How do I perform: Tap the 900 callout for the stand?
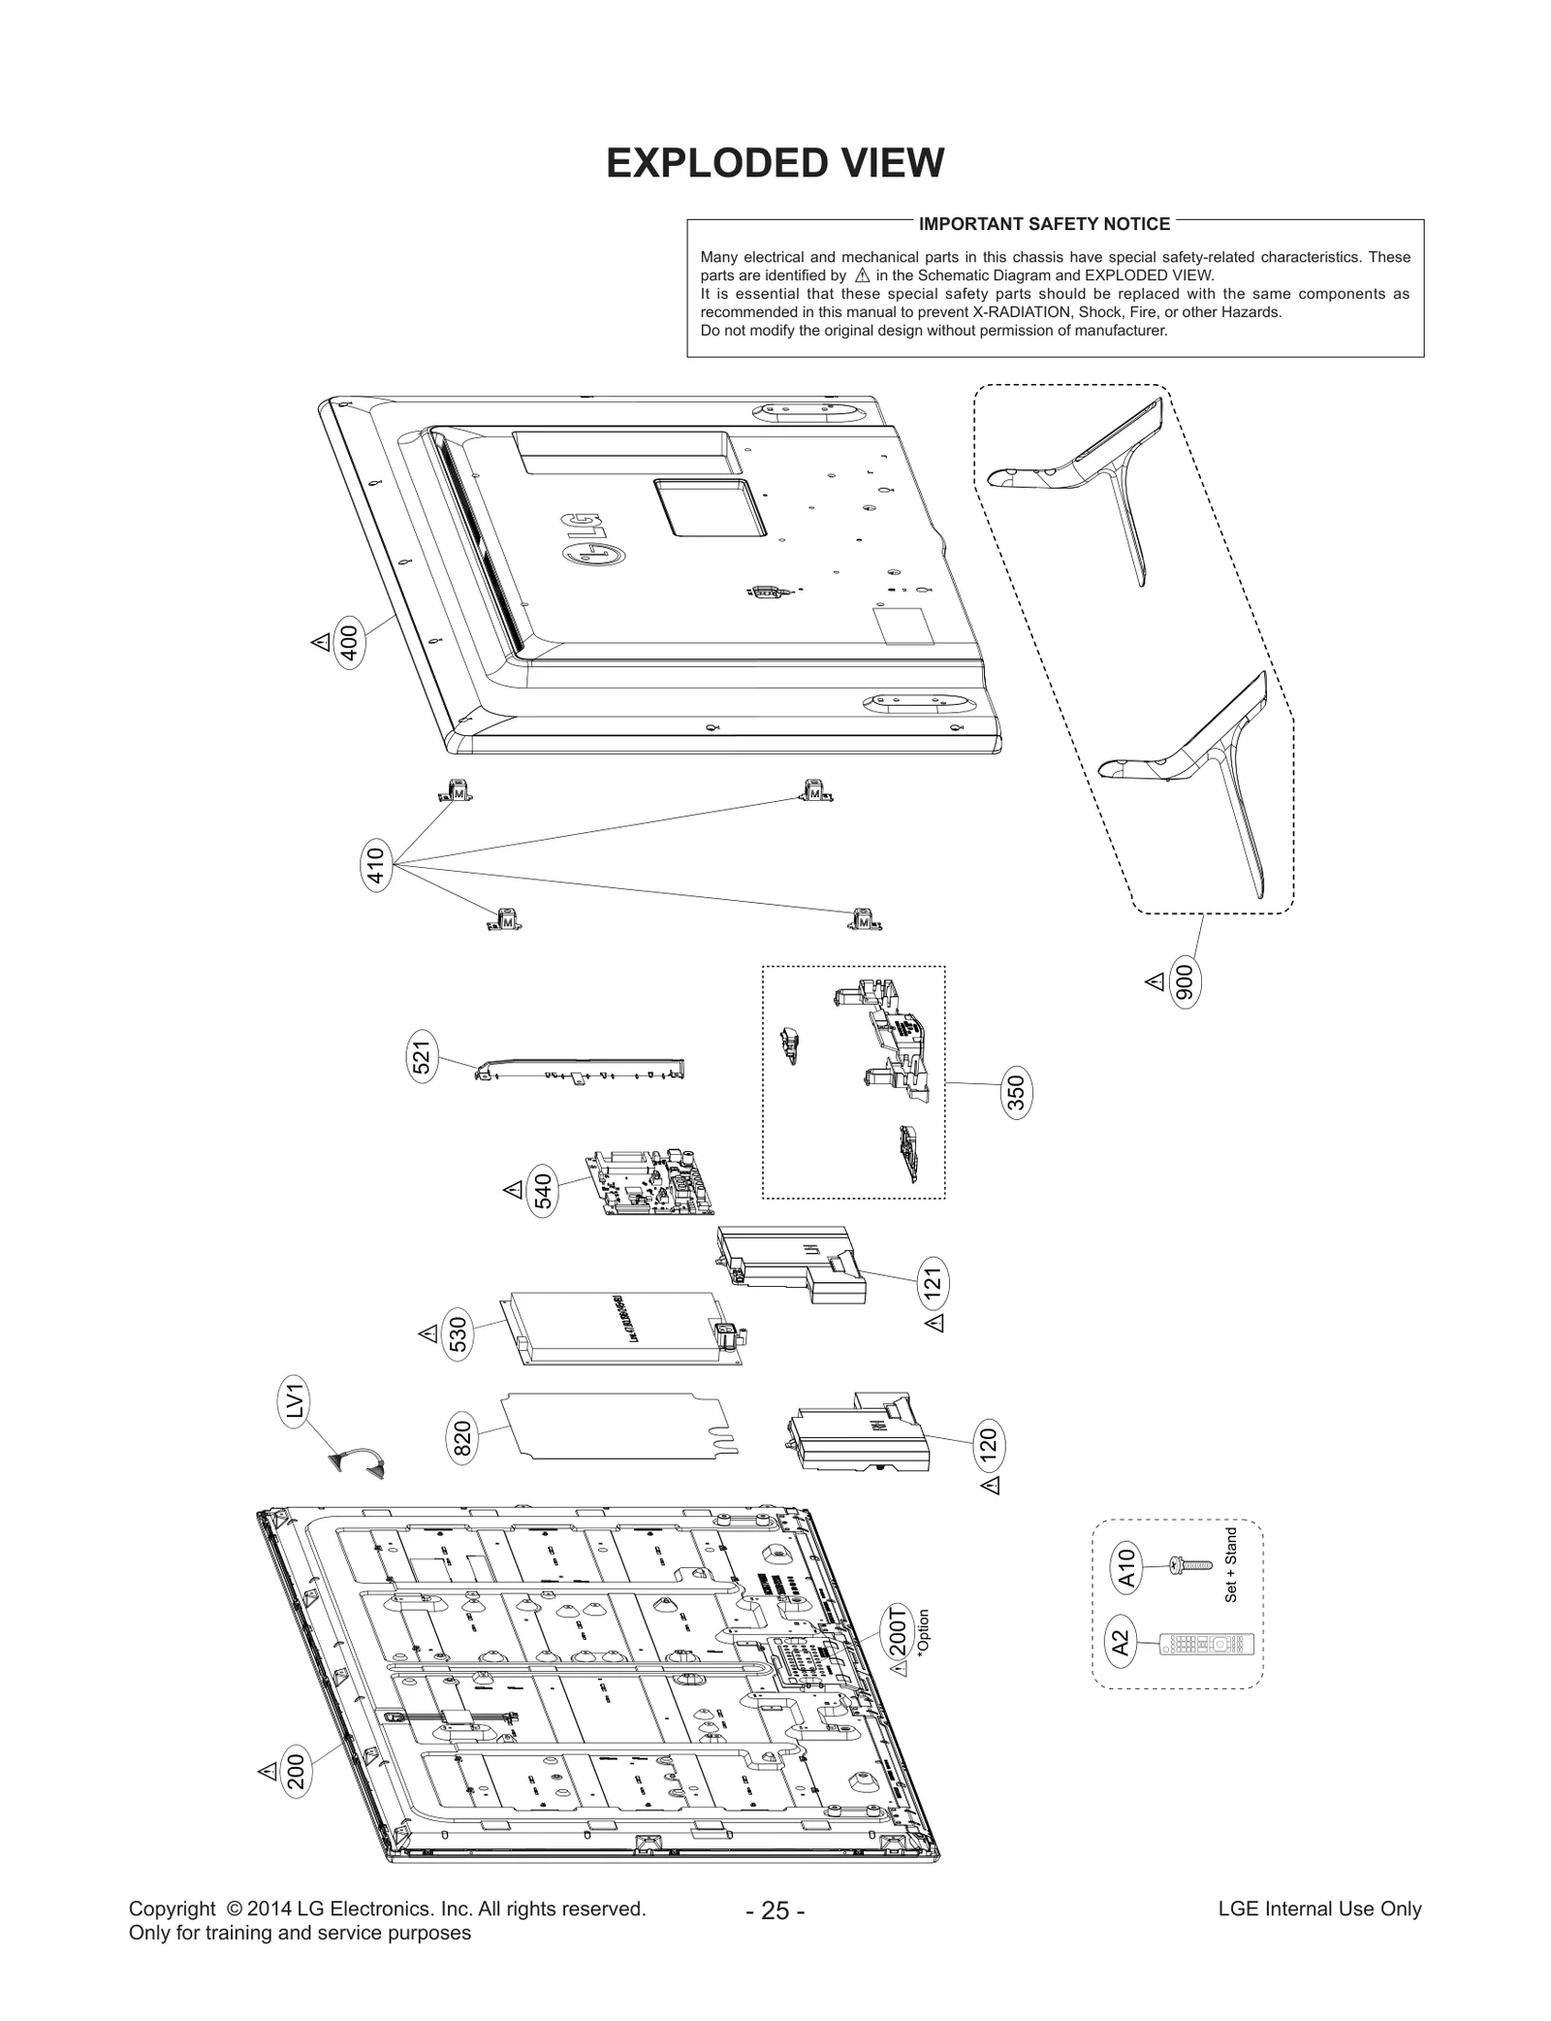tap(1184, 982)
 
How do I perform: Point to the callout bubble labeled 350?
tap(1016, 1093)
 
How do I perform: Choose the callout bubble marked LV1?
tap(297, 1403)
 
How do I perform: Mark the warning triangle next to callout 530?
tap(427, 1334)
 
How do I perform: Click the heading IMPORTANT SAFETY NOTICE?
tap(1044, 224)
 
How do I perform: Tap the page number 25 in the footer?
tap(775, 1910)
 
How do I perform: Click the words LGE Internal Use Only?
tap(1319, 1909)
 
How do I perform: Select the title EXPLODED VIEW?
tap(775, 163)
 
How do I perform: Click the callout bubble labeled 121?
tap(933, 1283)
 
